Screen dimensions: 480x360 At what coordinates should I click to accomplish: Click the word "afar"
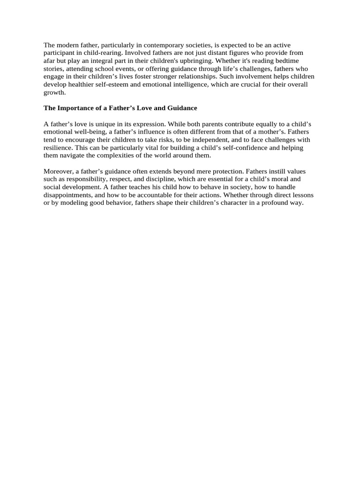[x=50, y=61]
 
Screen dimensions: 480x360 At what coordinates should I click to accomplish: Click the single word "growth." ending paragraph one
[x=55, y=92]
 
